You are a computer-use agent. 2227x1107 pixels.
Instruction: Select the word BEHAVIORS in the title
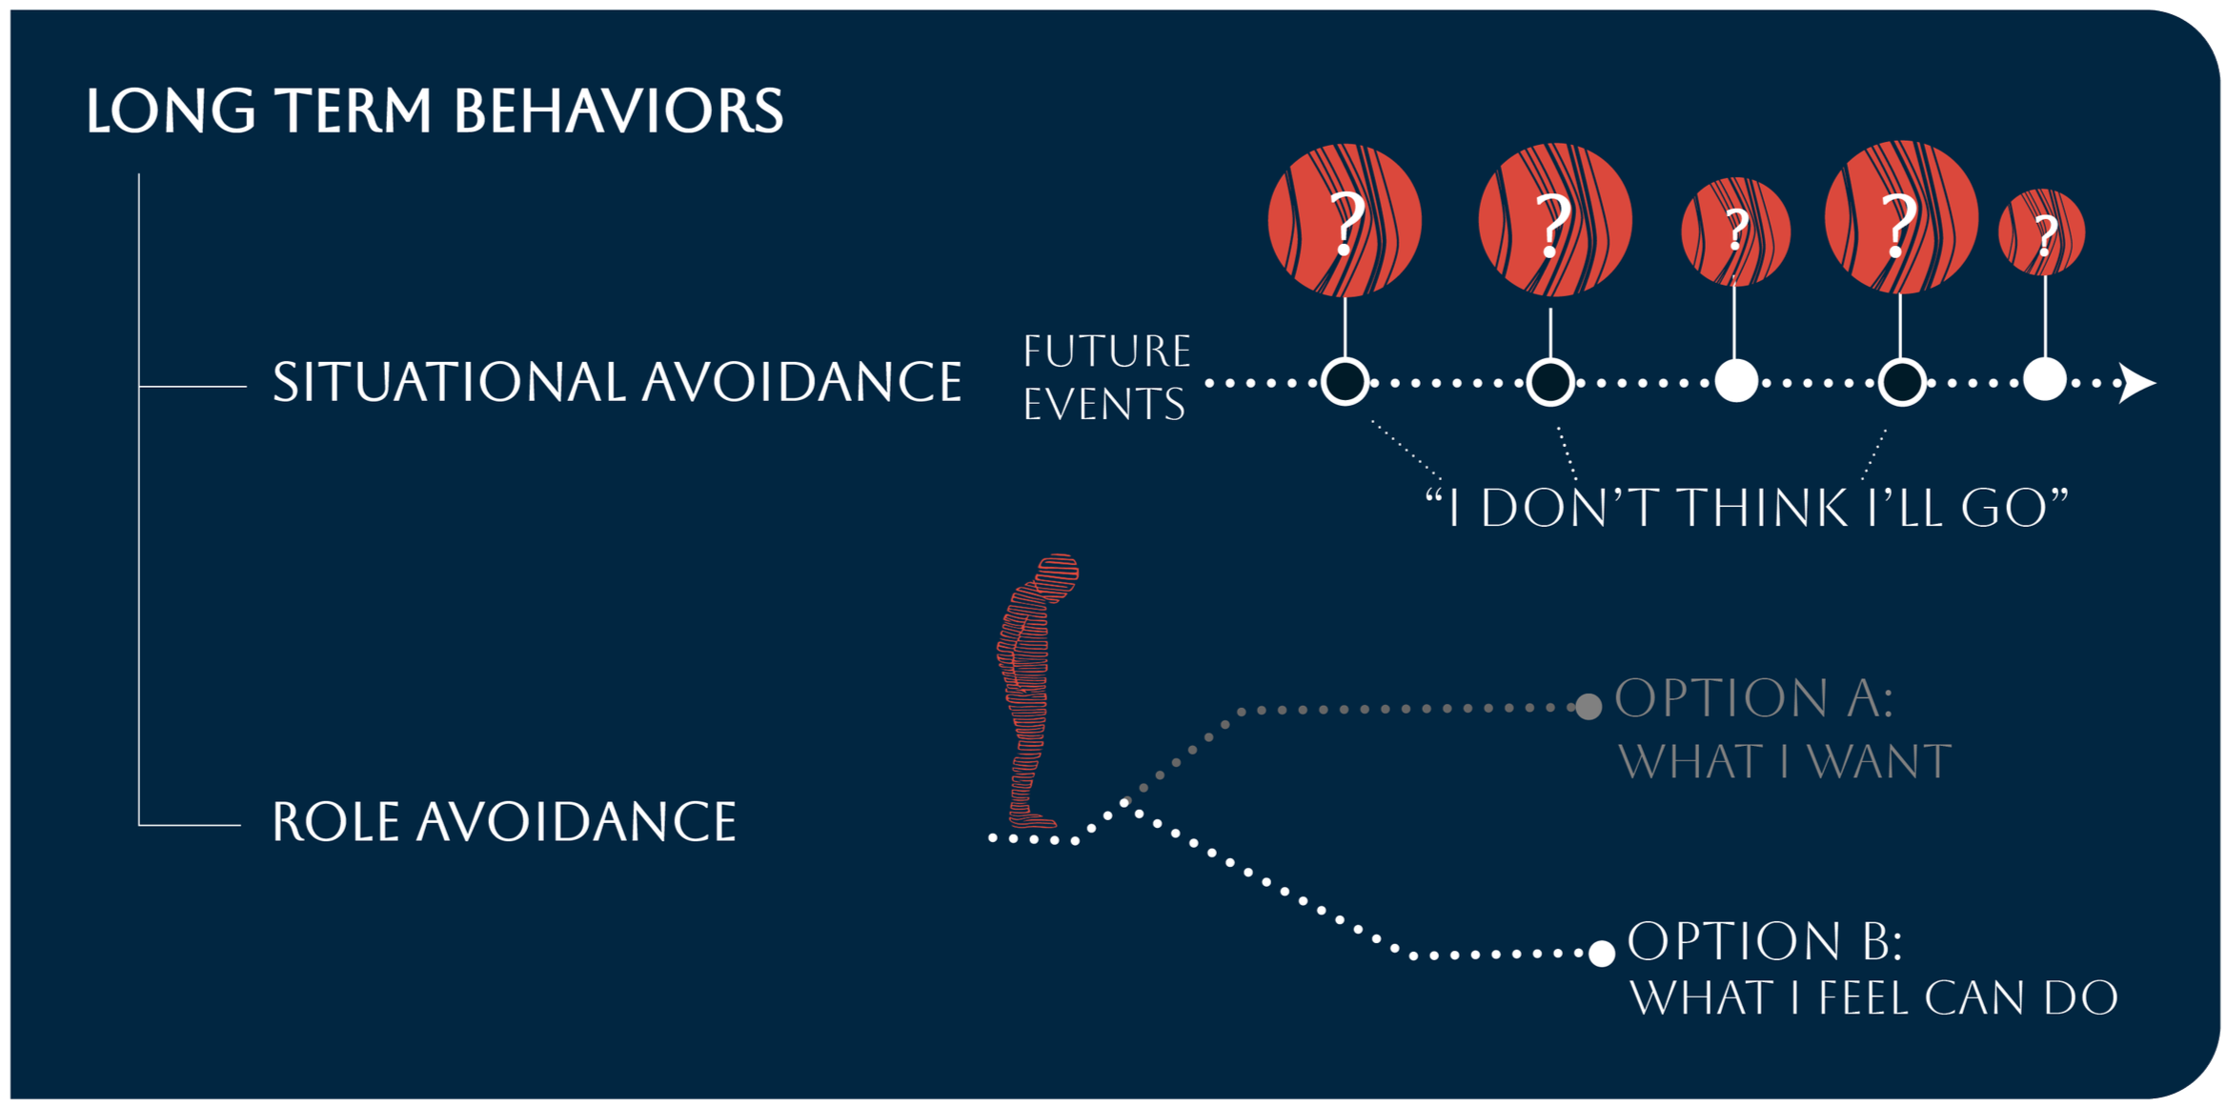(x=618, y=111)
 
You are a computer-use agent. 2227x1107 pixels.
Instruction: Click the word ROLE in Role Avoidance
(x=335, y=821)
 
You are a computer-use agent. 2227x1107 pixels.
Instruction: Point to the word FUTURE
(x=1107, y=352)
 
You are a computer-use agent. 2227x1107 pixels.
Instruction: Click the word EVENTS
(x=1104, y=404)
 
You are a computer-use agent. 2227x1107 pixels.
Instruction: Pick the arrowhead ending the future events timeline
(x=2136, y=383)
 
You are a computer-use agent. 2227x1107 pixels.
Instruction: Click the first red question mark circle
(x=1345, y=220)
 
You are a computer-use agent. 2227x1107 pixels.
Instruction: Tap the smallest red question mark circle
(x=2041, y=232)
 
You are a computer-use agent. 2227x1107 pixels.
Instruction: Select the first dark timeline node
(x=1345, y=382)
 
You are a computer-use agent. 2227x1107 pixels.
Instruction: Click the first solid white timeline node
(x=1736, y=381)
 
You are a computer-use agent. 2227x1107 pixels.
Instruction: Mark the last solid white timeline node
(x=2045, y=379)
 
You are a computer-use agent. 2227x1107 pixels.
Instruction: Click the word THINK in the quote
(x=1762, y=507)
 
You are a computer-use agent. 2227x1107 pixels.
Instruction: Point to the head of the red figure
(x=1056, y=574)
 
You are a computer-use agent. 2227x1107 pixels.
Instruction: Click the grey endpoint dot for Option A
(x=1589, y=706)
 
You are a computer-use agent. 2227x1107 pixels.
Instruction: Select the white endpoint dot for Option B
(x=1602, y=953)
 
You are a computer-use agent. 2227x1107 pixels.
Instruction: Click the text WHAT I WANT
(x=1785, y=762)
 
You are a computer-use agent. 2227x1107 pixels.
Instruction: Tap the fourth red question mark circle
(x=1901, y=217)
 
